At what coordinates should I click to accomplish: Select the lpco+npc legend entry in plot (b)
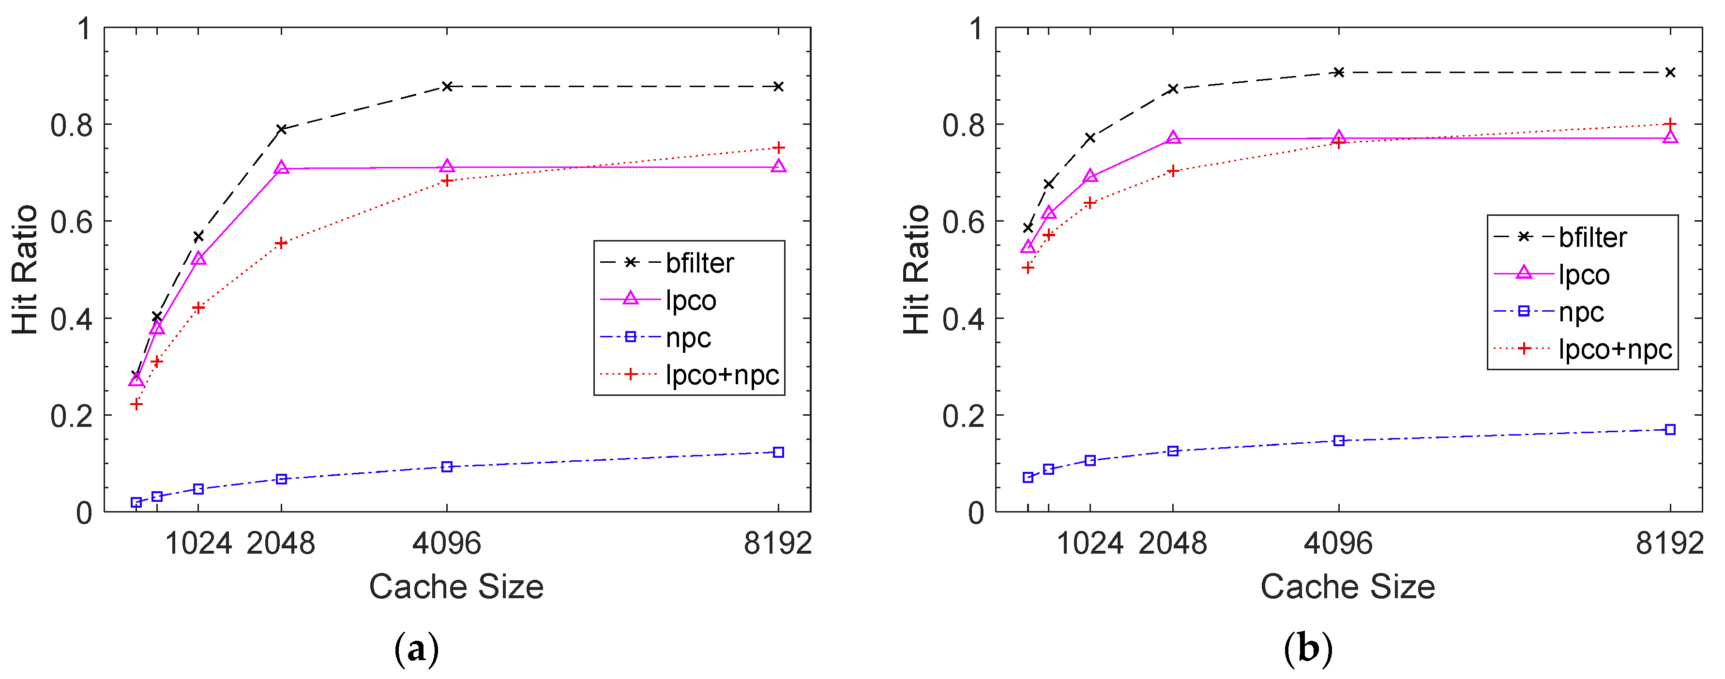click(1615, 349)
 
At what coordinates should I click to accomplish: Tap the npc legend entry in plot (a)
click(688, 337)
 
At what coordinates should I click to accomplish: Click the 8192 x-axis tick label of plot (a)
click(777, 543)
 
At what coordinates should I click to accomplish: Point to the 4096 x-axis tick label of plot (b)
click(1337, 543)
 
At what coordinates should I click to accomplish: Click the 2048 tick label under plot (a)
click(281, 543)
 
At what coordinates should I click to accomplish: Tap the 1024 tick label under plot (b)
click(1089, 543)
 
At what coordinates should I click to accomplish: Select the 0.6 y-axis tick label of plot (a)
click(71, 222)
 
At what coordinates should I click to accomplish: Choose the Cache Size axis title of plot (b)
click(1347, 587)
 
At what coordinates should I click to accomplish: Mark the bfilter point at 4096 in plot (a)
click(447, 86)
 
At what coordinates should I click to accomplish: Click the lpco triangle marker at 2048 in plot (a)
click(281, 168)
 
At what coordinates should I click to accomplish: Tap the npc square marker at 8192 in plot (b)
click(1669, 429)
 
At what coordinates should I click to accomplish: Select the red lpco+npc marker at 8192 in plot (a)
click(777, 147)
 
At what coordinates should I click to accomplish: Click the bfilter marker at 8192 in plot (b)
click(1669, 72)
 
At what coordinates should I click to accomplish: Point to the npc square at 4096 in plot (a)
click(447, 467)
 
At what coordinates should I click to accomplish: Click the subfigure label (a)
click(417, 648)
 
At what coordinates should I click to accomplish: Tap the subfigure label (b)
click(1308, 648)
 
